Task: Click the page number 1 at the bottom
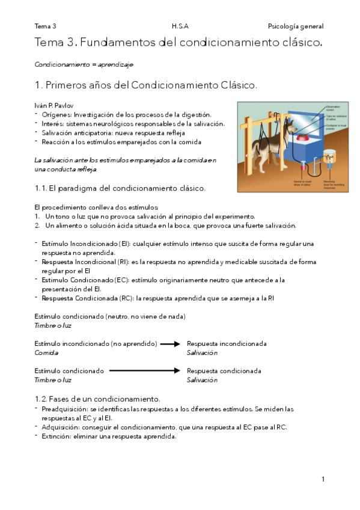323,479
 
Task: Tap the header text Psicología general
295,26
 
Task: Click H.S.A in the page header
179,26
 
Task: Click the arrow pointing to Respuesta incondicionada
170,344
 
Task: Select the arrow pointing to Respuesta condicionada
145,371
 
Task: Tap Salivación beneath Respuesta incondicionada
202,353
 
